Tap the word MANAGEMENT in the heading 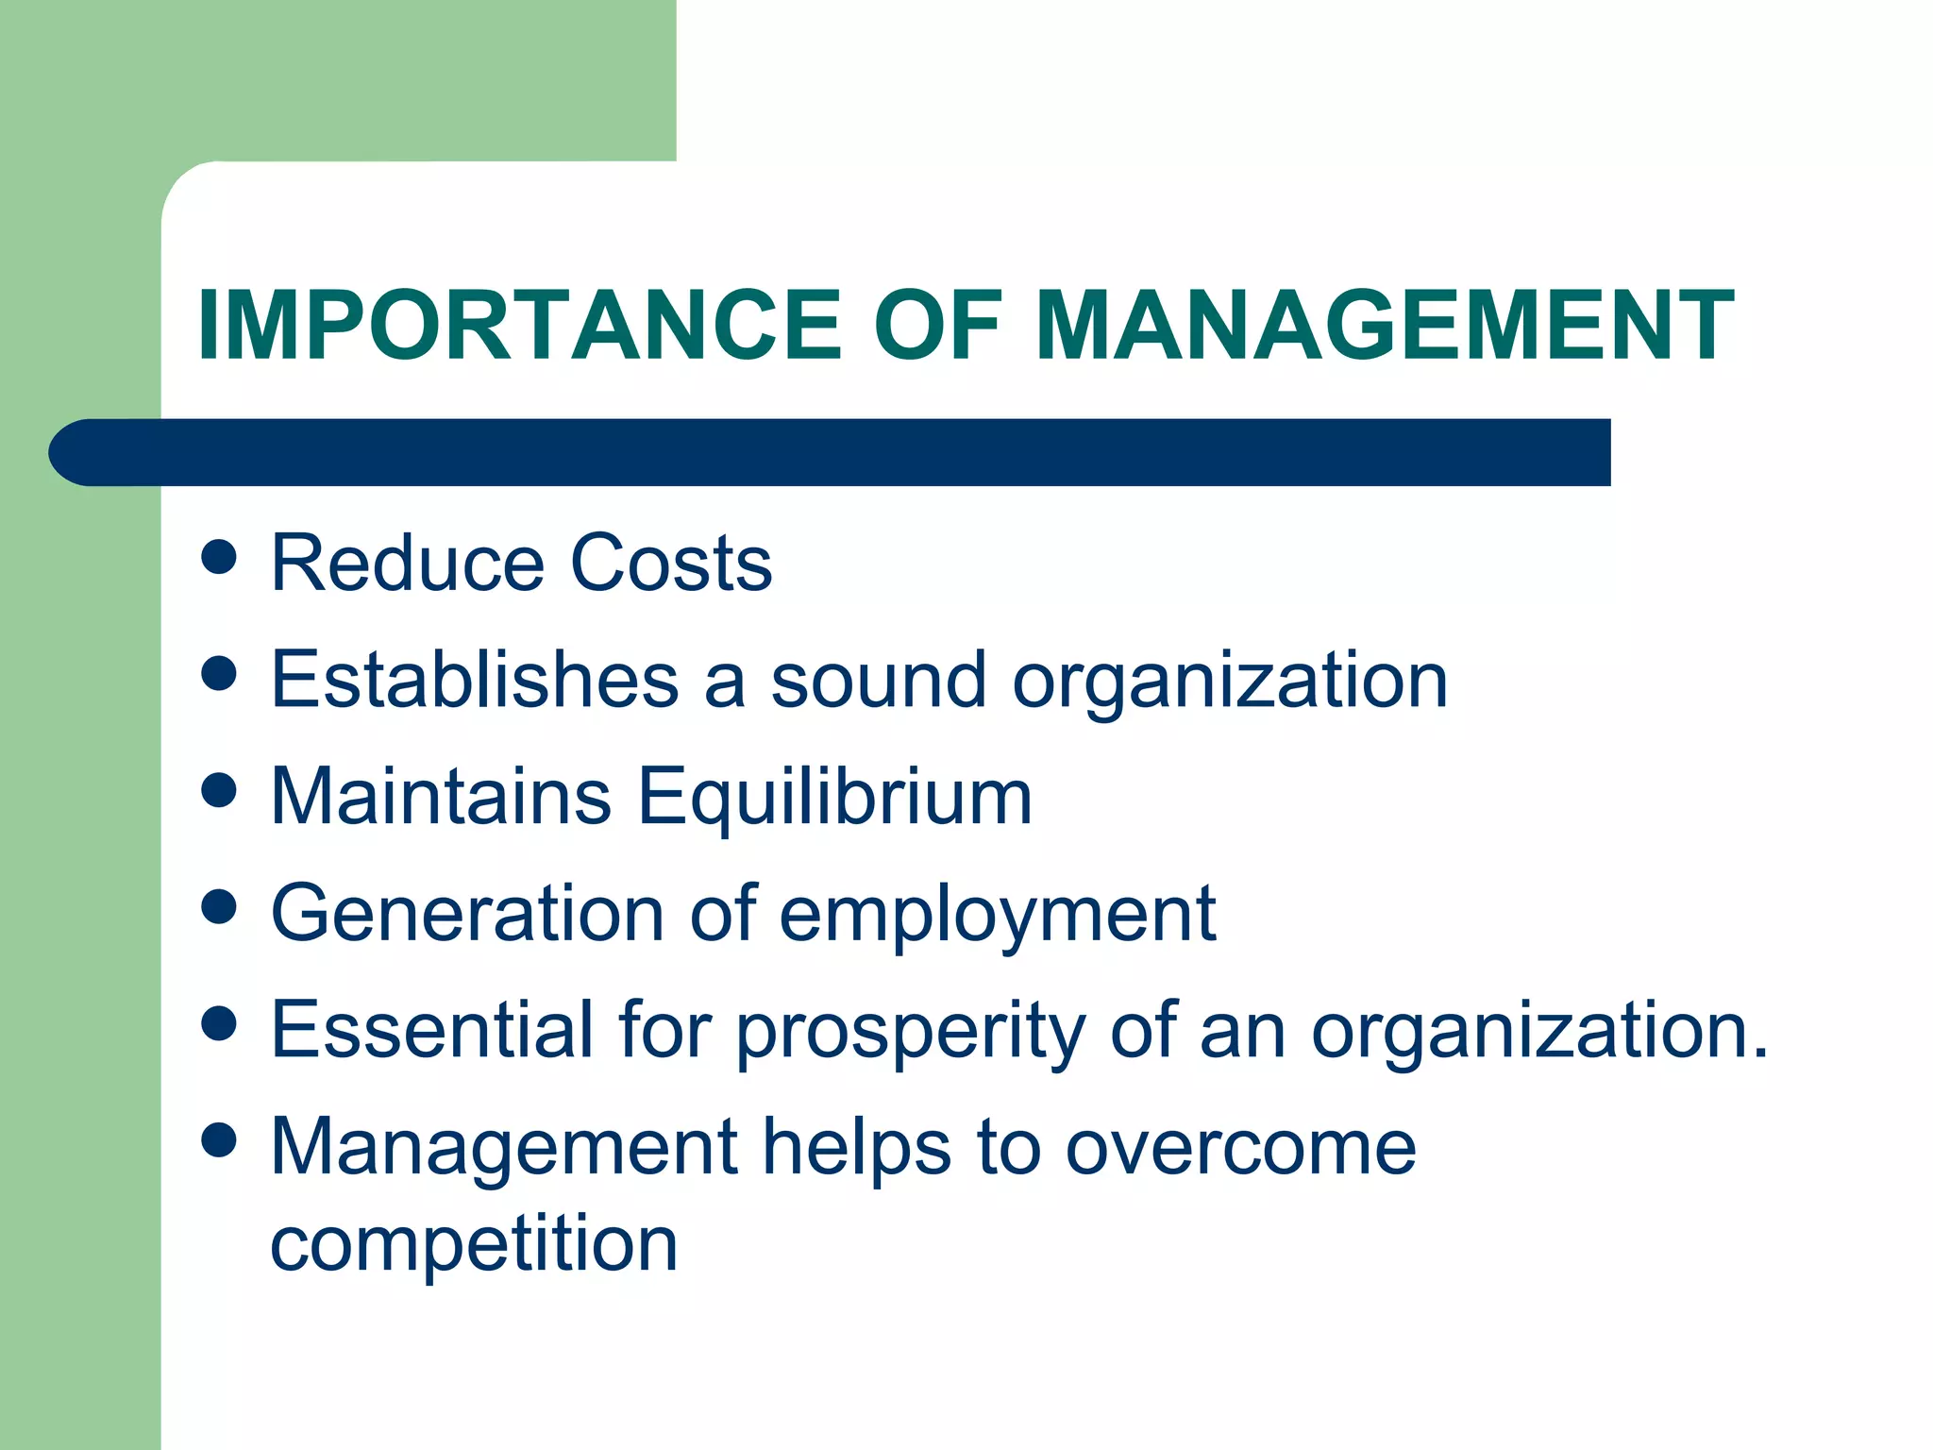point(1385,326)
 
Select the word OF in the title point(938,326)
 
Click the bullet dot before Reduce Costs point(219,557)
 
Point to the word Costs point(672,564)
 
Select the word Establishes point(475,680)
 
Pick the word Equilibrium point(835,797)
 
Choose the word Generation point(468,914)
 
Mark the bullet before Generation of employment point(219,907)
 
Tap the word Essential point(432,1030)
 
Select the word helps point(857,1149)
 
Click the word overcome point(1240,1149)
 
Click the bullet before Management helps point(219,1140)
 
